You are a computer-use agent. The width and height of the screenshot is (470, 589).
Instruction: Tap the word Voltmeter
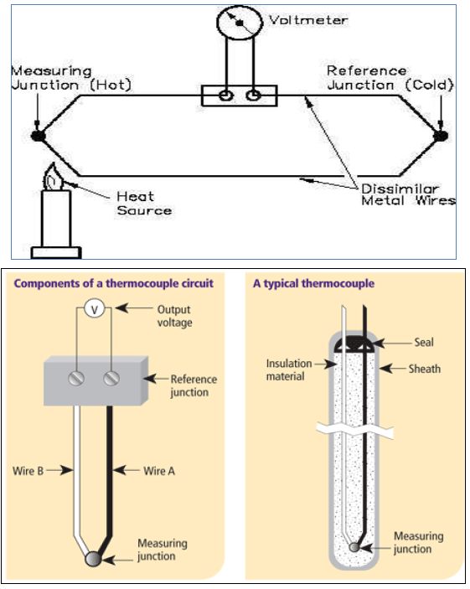308,20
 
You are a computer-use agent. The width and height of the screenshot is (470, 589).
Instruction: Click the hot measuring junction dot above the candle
38,136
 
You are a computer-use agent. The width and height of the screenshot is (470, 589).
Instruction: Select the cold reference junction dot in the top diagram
441,136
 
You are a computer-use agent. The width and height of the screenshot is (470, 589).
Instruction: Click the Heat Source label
144,204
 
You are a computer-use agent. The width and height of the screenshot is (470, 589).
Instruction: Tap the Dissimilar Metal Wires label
408,194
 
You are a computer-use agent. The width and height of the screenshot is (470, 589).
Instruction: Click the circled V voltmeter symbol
94,309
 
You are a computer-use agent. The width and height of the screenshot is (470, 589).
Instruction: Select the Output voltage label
174,316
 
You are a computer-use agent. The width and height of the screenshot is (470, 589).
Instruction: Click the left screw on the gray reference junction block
76,378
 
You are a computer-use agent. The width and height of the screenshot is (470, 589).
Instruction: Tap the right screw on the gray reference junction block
111,378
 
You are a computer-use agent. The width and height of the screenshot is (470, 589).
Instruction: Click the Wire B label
28,471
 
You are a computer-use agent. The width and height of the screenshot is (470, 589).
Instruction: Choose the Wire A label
159,471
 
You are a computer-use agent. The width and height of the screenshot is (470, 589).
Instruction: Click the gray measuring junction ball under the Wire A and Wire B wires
92,559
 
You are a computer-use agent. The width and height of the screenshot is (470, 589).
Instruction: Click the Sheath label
425,369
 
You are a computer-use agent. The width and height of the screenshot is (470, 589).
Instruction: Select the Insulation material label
289,369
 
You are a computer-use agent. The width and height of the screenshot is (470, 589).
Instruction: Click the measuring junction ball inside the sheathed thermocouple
354,547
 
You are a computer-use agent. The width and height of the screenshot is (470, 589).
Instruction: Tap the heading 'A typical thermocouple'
313,283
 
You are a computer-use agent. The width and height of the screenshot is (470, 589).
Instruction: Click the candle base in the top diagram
56,253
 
